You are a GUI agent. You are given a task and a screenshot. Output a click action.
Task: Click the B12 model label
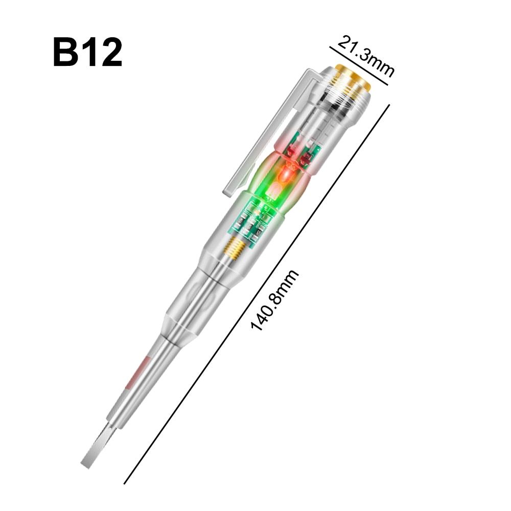87,52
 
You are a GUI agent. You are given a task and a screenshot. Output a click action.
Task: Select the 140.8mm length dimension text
274,300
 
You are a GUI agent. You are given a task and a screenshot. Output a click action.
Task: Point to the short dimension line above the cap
359,66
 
